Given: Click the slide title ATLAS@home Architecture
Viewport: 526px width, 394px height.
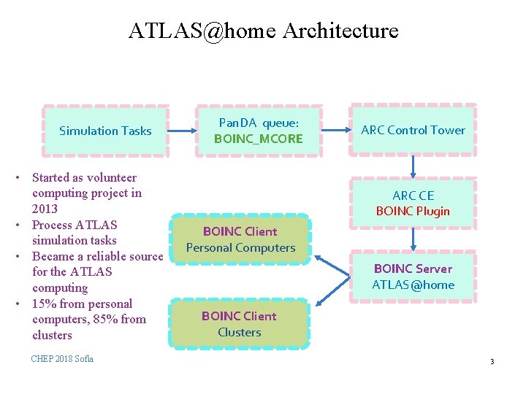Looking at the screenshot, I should click(x=263, y=31).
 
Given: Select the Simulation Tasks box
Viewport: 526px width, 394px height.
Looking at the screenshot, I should click(x=105, y=131).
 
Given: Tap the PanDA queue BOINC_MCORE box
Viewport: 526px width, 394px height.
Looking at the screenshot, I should click(x=258, y=131).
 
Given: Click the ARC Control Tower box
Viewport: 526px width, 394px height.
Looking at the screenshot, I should click(x=413, y=130).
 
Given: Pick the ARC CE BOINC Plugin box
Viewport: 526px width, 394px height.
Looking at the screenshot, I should click(x=413, y=203).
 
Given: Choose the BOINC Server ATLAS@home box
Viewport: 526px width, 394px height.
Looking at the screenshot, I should click(x=413, y=277).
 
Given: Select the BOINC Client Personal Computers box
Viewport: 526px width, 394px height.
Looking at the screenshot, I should click(x=240, y=239).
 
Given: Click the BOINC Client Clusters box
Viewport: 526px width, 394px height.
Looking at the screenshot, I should click(x=239, y=324).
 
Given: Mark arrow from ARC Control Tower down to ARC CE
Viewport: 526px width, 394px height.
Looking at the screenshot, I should click(x=413, y=167).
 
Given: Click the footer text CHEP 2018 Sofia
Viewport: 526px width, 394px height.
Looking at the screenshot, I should click(x=62, y=358).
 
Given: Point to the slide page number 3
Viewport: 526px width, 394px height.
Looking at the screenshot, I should click(x=492, y=362).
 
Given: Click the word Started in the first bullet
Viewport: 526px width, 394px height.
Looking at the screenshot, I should click(x=53, y=177).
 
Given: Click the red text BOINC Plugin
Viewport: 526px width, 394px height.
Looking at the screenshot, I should click(x=413, y=212).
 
